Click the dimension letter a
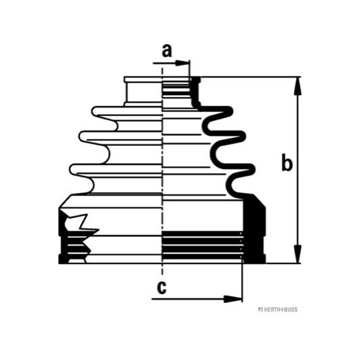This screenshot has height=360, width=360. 166,51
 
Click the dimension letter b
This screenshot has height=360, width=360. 287,163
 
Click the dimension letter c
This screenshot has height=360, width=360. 162,287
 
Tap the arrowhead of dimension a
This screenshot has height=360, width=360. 182,63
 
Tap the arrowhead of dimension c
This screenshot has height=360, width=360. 233,299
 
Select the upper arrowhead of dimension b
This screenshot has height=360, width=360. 298,86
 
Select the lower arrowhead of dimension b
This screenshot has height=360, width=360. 298,254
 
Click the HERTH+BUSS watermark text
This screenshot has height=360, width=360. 280,309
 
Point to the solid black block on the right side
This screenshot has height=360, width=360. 254,228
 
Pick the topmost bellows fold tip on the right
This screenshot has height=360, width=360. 230,111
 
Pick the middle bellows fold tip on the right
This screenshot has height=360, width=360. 242,136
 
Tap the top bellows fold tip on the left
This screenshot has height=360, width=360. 94,111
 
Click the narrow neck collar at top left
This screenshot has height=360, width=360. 143,92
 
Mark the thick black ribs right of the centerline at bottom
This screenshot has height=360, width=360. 202,246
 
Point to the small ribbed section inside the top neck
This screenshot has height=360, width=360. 177,91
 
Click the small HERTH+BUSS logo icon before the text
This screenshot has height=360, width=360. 260,309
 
